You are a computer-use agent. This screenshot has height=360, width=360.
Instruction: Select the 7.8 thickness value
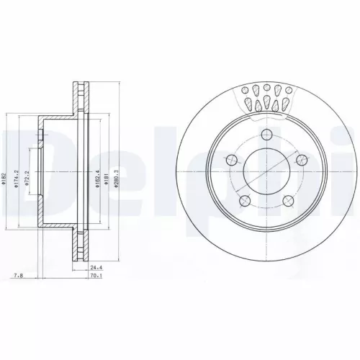click(17, 274)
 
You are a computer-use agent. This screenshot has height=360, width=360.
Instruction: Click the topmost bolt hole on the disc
click(267, 134)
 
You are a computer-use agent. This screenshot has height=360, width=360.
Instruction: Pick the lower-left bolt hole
click(246, 202)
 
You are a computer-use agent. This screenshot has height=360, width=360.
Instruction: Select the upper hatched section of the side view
click(76, 101)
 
